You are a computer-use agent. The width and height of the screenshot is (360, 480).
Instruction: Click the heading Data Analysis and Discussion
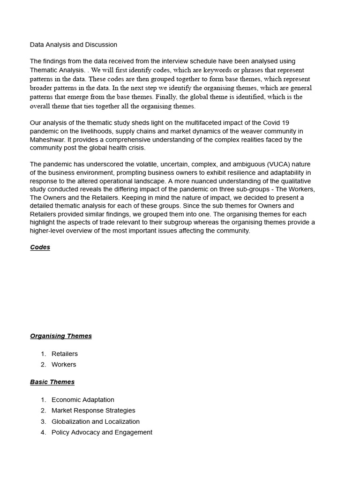(74, 45)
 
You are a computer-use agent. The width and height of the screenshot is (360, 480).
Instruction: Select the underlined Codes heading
(40, 247)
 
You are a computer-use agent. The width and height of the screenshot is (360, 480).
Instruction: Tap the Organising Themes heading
(61, 336)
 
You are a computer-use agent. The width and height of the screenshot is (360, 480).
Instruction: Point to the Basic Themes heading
(52, 382)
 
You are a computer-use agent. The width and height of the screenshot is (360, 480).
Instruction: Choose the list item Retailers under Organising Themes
(65, 354)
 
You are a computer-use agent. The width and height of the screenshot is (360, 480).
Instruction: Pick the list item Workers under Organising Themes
(64, 365)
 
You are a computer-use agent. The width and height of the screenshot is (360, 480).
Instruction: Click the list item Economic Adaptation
(83, 400)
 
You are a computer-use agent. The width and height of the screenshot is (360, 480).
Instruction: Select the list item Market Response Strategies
(93, 411)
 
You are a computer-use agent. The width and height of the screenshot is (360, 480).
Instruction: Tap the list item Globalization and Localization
(96, 422)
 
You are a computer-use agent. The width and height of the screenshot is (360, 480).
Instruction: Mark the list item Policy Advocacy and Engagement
(102, 433)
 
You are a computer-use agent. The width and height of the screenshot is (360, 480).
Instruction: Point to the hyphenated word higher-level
(48, 231)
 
